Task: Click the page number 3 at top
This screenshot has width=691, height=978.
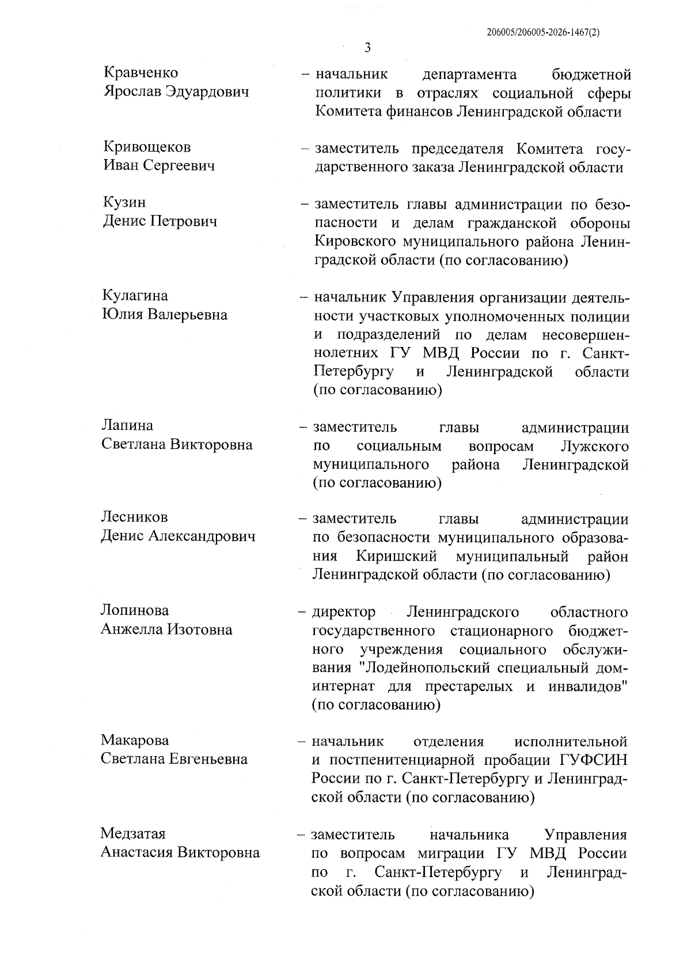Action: pyautogui.click(x=368, y=47)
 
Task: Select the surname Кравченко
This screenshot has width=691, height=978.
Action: pyautogui.click(x=141, y=73)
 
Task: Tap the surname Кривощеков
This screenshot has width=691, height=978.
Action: pyautogui.click(x=147, y=147)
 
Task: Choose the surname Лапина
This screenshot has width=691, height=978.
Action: pyautogui.click(x=127, y=425)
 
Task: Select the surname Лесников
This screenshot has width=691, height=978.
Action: pyautogui.click(x=134, y=517)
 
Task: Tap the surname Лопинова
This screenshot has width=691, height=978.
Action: pyautogui.click(x=135, y=610)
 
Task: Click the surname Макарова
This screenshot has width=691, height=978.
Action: pyautogui.click(x=135, y=739)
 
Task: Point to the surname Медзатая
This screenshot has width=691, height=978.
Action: pyautogui.click(x=133, y=833)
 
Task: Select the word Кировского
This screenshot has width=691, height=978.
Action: pyautogui.click(x=354, y=241)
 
